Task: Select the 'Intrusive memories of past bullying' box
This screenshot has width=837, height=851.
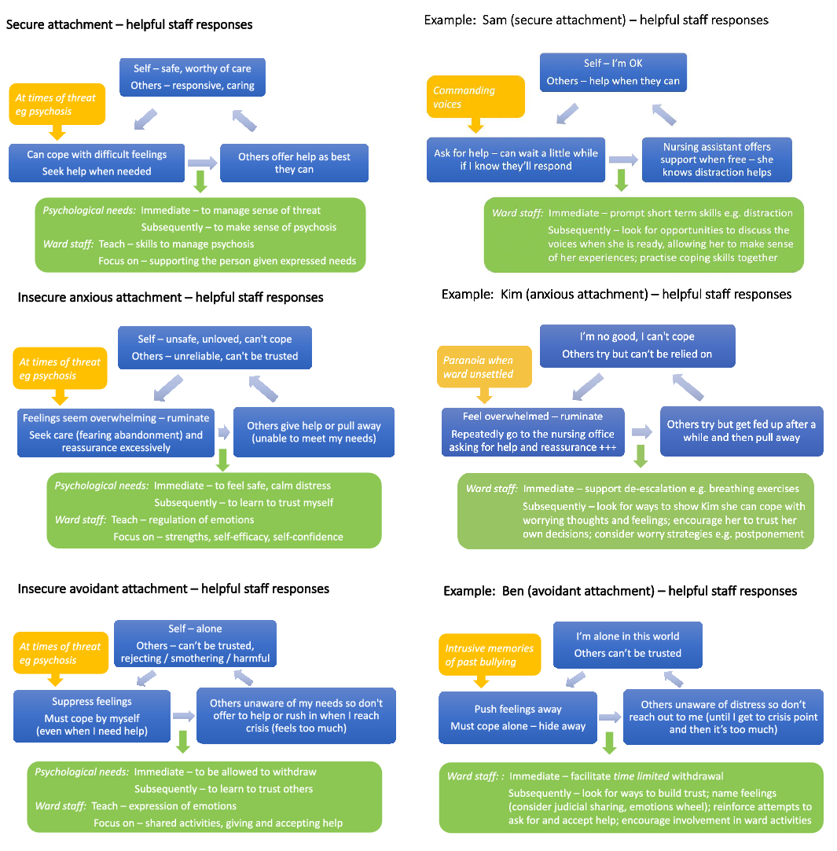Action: point(490,655)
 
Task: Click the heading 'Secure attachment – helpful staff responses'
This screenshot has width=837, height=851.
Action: point(130,24)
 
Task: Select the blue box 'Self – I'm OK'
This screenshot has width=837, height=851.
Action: point(613,72)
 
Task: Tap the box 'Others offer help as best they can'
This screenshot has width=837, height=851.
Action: point(294,163)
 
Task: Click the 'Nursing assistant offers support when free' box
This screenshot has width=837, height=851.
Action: point(717,159)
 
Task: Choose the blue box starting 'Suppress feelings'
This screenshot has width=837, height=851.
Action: point(92,716)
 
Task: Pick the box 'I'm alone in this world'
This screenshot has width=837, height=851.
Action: point(627,644)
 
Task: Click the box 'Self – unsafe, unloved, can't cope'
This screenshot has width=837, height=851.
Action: point(215,347)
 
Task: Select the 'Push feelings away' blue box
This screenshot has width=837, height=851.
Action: point(517,717)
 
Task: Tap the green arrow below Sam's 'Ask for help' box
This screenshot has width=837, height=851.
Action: point(621,180)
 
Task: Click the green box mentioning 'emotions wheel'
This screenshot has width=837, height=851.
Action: point(631,797)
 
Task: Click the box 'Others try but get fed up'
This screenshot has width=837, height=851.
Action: point(741,431)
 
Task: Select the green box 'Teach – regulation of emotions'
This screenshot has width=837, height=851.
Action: point(214,510)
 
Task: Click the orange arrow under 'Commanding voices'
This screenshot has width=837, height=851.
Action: point(475,125)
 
